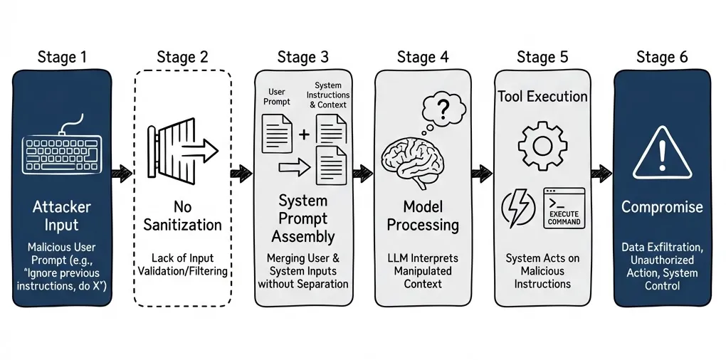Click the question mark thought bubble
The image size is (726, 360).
(439, 112)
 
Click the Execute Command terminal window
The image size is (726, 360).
(564, 208)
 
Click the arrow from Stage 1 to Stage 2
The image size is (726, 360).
(122, 171)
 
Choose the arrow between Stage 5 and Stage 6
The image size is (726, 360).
(602, 171)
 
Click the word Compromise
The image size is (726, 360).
(662, 207)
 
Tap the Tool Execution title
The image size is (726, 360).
(542, 96)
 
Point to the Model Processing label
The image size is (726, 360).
(423, 216)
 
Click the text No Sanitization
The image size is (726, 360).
(182, 216)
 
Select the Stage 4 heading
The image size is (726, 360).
(423, 58)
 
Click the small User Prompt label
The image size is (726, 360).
(278, 97)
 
